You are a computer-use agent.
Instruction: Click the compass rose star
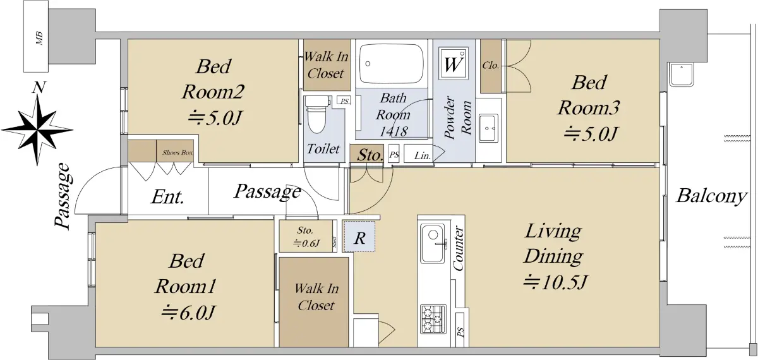(37, 130)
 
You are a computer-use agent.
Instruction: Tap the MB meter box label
(39, 39)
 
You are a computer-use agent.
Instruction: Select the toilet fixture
(316, 115)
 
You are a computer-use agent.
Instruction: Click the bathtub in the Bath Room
(392, 63)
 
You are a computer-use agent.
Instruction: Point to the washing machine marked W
(454, 64)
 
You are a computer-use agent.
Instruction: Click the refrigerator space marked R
(359, 236)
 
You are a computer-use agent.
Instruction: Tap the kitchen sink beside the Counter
(433, 243)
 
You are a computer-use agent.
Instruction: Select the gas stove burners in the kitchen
(433, 319)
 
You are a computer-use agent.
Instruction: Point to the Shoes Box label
(177, 153)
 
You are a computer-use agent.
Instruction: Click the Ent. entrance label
(167, 197)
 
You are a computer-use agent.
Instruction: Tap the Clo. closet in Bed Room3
(491, 66)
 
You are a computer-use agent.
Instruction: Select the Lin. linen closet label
(423, 155)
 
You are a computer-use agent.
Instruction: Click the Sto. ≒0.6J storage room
(306, 236)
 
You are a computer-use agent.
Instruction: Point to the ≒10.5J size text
(555, 282)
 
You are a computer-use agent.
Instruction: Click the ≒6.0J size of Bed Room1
(188, 312)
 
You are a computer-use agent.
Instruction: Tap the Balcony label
(711, 196)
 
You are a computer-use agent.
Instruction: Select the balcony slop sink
(681, 75)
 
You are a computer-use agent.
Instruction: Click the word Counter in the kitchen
(458, 248)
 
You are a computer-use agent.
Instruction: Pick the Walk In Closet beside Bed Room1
(314, 302)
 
